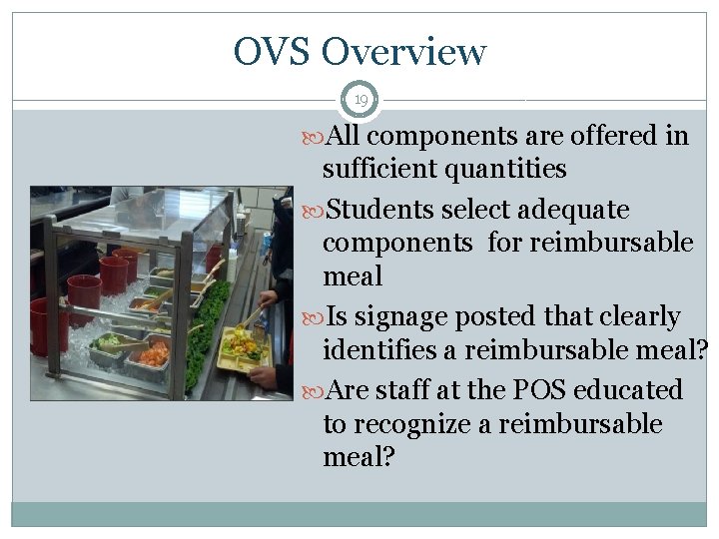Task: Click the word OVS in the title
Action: (273, 51)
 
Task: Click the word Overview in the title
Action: (404, 51)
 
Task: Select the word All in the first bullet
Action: (349, 135)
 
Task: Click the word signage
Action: (399, 317)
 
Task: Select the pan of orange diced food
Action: (153, 353)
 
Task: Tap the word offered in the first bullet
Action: (613, 135)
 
